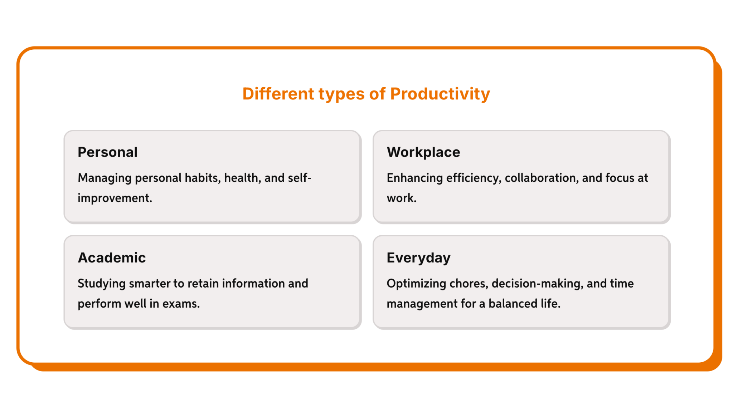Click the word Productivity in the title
440,94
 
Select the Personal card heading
107,152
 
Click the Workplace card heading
423,152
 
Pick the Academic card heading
112,257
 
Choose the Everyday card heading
418,257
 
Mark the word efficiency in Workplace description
474,178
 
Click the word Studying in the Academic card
101,283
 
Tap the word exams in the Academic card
181,303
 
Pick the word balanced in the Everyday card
513,303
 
